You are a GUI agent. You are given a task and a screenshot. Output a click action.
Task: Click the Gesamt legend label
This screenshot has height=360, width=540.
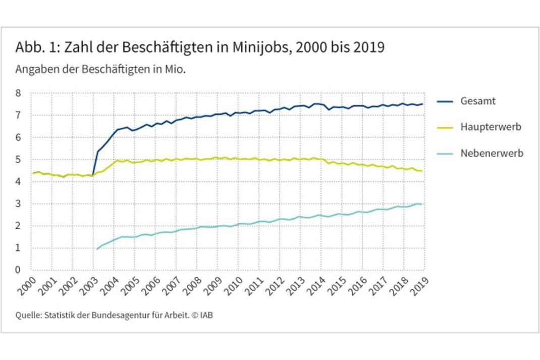477,101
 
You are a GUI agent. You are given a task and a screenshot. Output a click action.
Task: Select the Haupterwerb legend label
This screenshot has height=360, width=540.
490,127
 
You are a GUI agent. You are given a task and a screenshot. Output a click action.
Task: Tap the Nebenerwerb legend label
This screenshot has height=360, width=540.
492,153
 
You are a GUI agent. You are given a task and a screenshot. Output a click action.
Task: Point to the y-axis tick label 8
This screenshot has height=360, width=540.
19,93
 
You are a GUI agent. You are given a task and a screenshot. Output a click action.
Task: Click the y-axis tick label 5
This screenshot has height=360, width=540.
19,160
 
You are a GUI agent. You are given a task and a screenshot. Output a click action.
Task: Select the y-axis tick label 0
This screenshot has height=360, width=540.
19,270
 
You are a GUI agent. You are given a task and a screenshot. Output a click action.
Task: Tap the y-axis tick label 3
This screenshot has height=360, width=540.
19,204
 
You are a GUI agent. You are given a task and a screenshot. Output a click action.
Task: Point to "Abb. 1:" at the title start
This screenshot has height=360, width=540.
33,48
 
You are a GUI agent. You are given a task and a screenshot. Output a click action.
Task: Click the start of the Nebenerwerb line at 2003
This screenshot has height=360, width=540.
97,249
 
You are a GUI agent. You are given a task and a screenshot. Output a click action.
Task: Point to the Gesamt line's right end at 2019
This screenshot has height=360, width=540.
423,104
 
